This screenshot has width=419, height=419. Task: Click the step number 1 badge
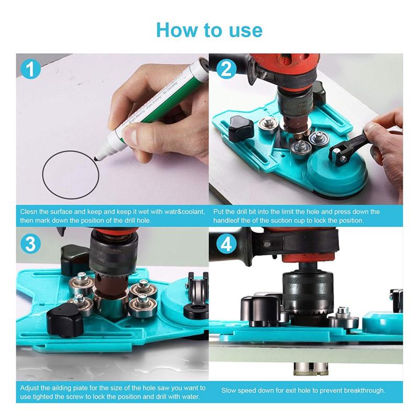(x=31, y=69)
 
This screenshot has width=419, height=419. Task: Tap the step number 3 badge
(x=31, y=244)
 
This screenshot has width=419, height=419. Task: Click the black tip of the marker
(x=97, y=157)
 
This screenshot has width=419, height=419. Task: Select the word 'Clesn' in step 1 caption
(x=29, y=212)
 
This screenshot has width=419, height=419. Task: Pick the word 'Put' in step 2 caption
(x=220, y=212)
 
